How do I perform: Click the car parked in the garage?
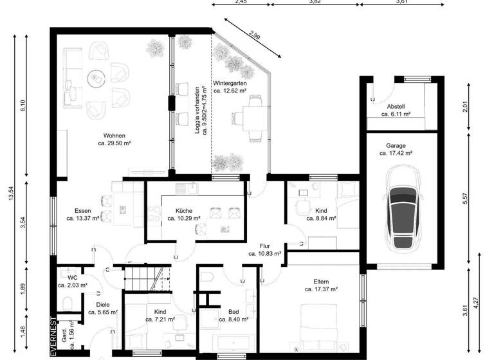point(403,210)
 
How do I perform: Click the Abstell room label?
point(396,106)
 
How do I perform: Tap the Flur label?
point(264,246)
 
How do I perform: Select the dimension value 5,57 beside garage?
point(465,199)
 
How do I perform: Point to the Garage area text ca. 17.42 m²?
point(396,154)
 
